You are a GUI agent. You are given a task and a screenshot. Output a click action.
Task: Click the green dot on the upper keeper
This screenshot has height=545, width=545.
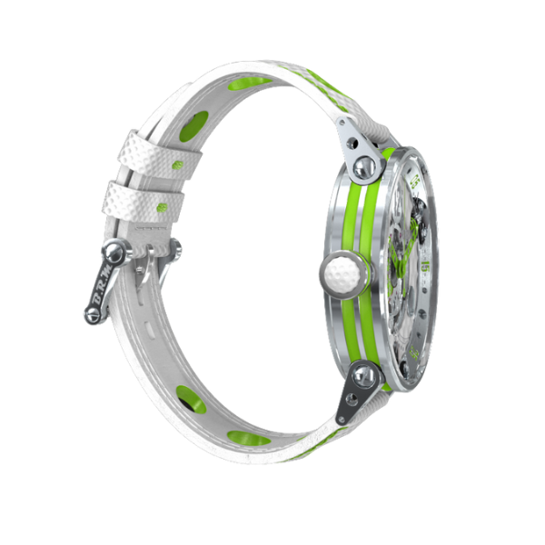(x=178, y=164)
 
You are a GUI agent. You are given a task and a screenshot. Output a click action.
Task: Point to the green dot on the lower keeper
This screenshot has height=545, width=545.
(x=162, y=208)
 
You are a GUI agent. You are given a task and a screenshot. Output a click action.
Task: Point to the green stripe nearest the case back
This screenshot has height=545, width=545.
(x=347, y=272)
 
